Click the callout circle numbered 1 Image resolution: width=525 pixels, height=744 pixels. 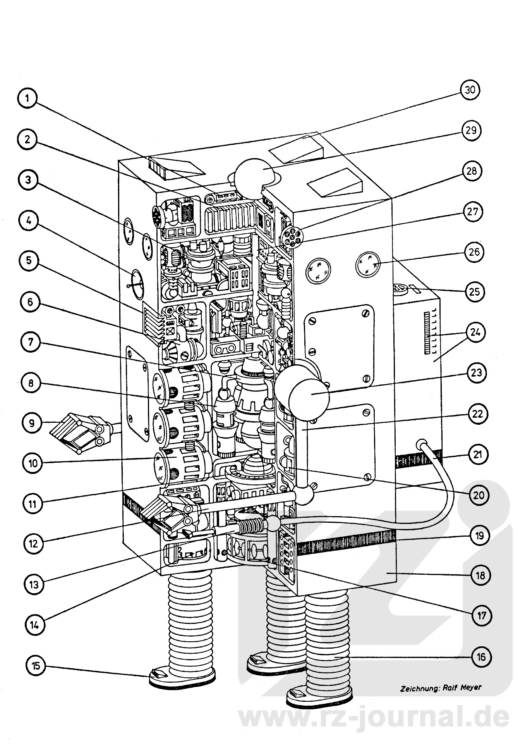pos(27,98)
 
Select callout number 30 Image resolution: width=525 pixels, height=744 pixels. pos(470,90)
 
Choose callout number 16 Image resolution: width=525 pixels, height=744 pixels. pos(480,657)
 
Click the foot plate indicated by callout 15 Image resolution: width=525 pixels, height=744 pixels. pos(182,676)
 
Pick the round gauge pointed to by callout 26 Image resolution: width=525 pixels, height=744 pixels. pos(369,265)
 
